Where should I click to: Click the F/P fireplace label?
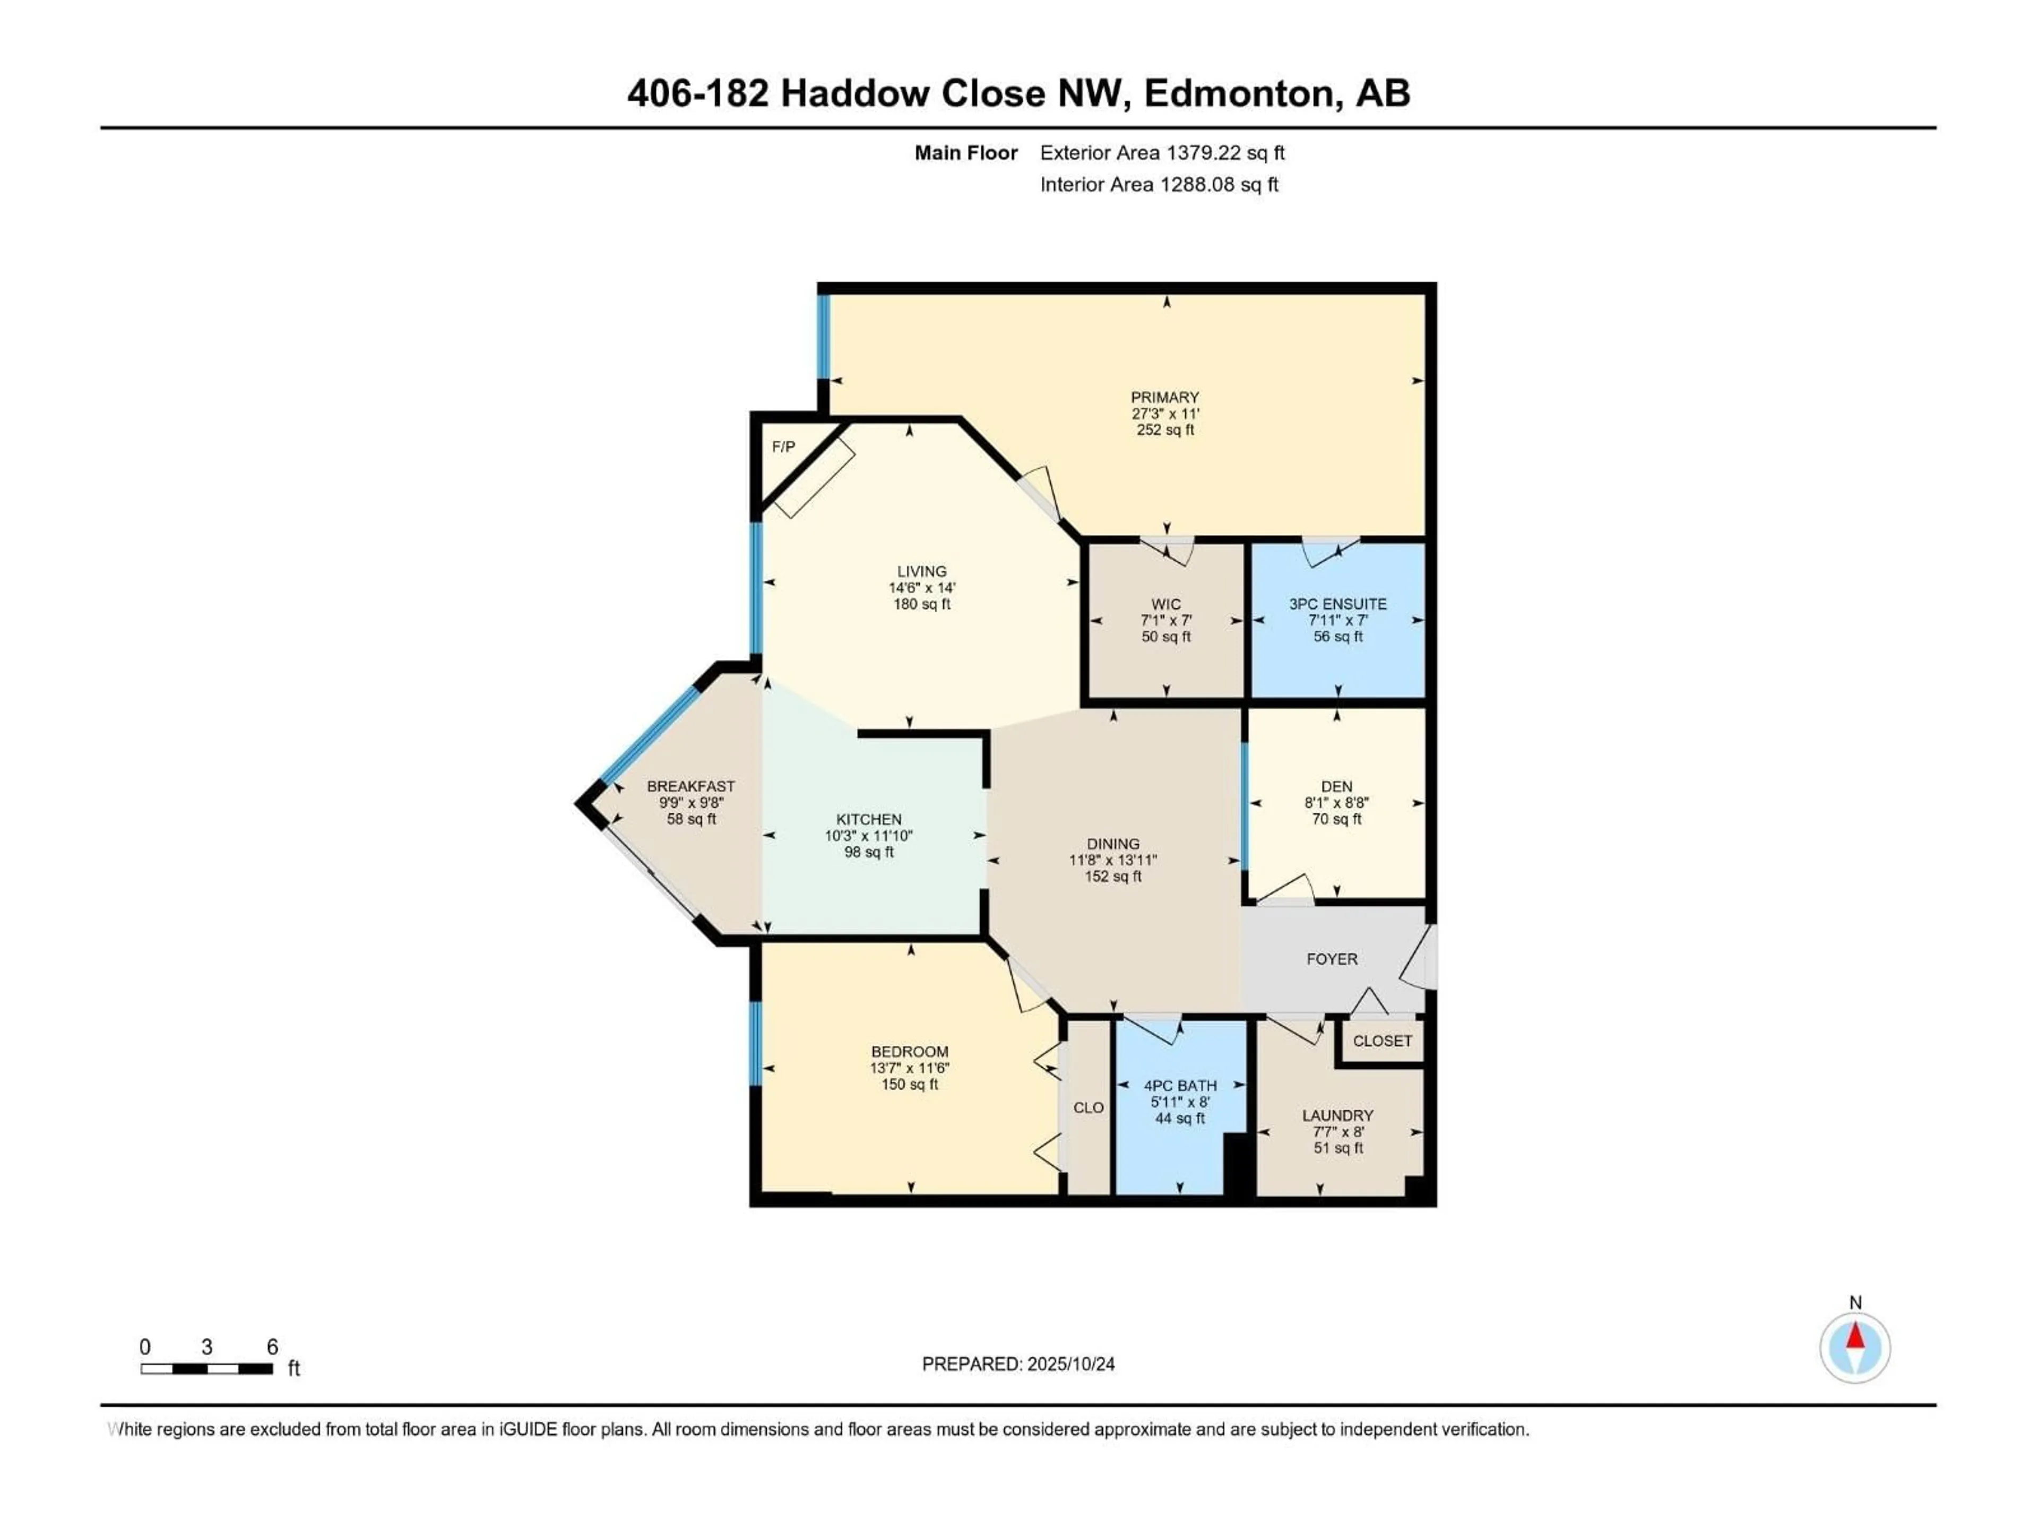(x=783, y=447)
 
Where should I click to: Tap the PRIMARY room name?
(x=1165, y=397)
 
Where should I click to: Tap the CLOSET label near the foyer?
(x=1382, y=1041)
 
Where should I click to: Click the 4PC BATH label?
(x=1180, y=1086)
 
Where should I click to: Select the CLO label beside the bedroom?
(x=1088, y=1108)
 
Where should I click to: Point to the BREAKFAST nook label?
(x=691, y=786)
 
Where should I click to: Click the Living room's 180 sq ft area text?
(x=921, y=605)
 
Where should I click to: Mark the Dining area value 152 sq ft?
(x=1113, y=877)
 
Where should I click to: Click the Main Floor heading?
(x=965, y=153)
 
